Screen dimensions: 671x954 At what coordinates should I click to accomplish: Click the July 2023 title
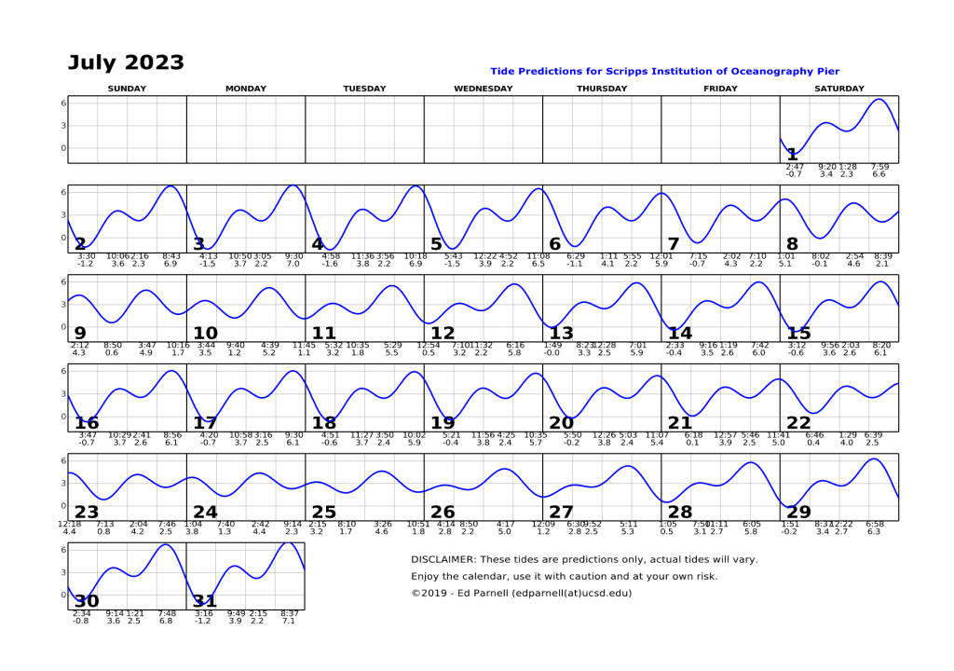(126, 63)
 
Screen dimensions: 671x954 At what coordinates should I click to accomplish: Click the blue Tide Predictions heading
(664, 71)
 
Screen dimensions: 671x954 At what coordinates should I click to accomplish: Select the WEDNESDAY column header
(483, 89)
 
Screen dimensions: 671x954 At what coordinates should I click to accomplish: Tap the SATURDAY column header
(838, 89)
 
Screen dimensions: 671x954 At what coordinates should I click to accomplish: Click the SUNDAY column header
(127, 89)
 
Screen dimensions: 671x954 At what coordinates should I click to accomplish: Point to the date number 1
(792, 155)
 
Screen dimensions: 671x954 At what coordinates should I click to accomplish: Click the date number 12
(443, 334)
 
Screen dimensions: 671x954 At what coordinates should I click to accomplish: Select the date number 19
(443, 423)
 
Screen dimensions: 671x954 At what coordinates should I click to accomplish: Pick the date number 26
(443, 513)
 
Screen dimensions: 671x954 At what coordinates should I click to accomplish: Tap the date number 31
(205, 602)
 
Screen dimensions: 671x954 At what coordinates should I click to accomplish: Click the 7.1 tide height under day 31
(289, 621)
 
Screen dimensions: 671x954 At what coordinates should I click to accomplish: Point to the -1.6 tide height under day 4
(330, 264)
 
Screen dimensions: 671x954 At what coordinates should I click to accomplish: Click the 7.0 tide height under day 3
(293, 264)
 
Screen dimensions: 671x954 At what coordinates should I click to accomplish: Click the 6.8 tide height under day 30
(167, 621)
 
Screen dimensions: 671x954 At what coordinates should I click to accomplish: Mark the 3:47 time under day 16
(88, 435)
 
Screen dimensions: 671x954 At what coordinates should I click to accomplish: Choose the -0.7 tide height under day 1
(794, 174)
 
